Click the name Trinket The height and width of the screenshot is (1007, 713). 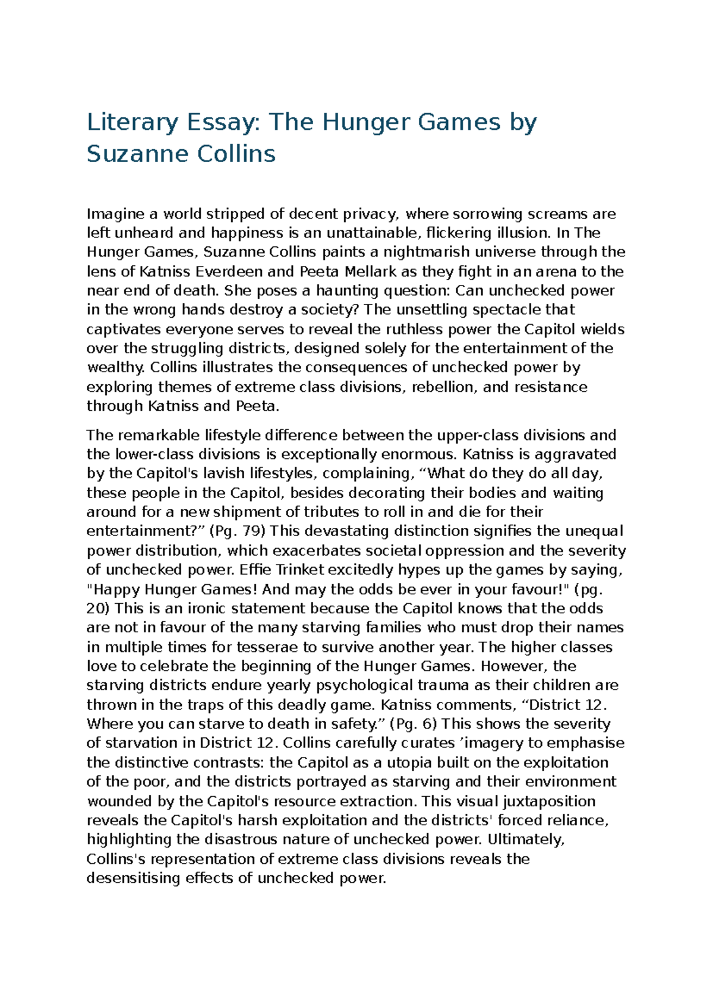click(x=301, y=569)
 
